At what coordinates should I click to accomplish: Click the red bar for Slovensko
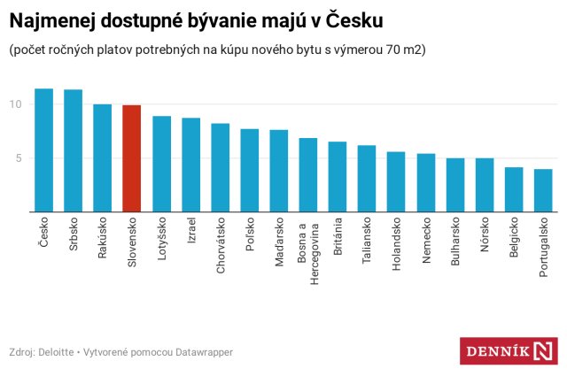[132, 159]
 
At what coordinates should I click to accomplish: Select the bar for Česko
[44, 150]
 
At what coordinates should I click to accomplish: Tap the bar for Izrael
[190, 165]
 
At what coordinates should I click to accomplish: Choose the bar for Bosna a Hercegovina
[307, 175]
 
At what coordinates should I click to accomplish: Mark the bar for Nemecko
[425, 183]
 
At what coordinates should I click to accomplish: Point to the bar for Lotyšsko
[161, 164]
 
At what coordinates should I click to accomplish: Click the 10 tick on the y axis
[15, 104]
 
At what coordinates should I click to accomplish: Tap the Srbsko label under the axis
[74, 234]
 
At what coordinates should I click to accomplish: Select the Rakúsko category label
[103, 238]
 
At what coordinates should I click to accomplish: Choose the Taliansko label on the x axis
[367, 242]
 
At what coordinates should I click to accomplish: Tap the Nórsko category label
[485, 234]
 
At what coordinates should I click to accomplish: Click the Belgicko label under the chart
[514, 239]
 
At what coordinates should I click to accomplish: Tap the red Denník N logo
[508, 351]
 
